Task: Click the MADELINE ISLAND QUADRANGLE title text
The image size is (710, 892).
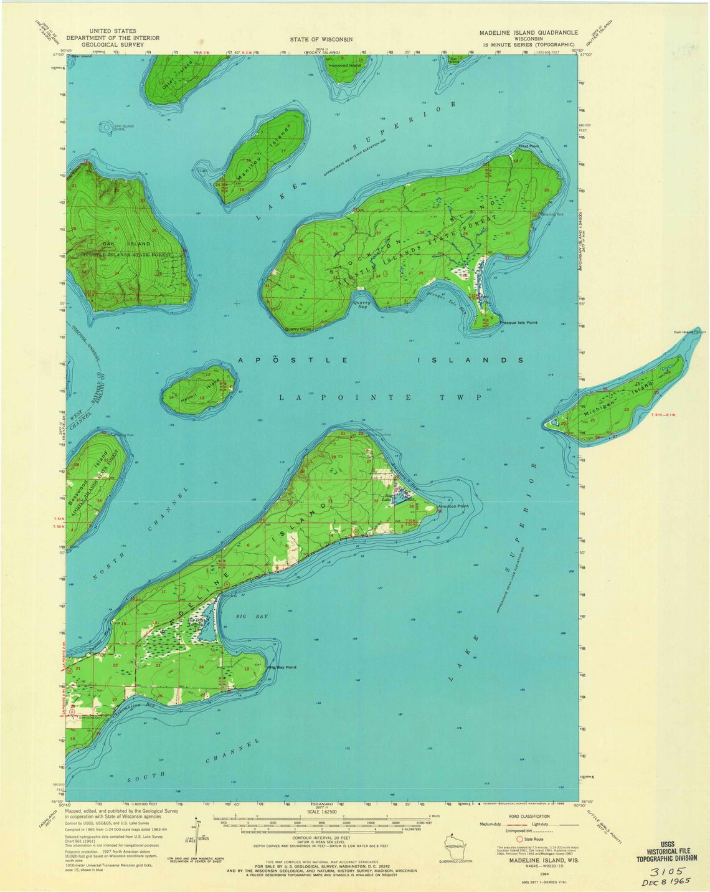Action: click(528, 32)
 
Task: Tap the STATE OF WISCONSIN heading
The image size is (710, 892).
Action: click(321, 39)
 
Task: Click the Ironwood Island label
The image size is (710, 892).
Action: click(344, 65)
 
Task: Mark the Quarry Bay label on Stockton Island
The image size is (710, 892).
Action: click(360, 304)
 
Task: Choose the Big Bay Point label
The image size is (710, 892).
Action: click(282, 668)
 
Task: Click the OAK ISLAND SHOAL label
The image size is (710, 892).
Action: click(124, 128)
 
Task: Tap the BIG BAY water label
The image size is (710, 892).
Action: click(252, 616)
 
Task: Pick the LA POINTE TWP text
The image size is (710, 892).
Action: click(380, 397)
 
